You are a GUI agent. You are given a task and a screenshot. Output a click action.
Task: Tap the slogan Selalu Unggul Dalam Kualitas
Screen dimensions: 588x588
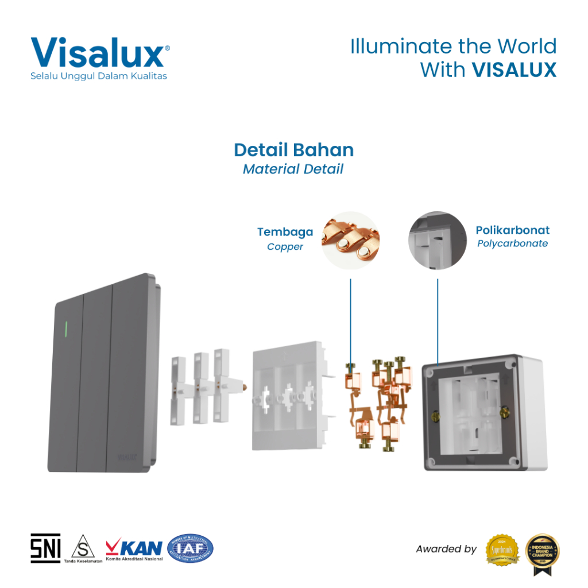(99, 76)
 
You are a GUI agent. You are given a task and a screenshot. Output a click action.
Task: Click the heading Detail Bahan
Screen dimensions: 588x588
(293, 150)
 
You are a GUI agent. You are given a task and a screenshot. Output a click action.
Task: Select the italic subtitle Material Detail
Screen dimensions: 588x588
(293, 169)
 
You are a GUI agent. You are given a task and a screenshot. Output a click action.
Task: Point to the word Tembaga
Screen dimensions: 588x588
(285, 232)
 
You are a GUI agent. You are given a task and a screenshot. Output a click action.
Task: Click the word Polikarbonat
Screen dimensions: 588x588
(512, 230)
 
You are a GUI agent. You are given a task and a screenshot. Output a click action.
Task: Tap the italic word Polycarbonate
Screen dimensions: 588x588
(512, 243)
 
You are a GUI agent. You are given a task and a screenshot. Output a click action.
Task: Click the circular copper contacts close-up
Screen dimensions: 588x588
(350, 240)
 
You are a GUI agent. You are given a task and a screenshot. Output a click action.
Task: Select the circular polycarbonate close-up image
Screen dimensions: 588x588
(437, 240)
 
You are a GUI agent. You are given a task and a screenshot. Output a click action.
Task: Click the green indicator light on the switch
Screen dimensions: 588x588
(67, 329)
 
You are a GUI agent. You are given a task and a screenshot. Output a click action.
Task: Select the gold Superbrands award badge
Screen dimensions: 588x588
(502, 550)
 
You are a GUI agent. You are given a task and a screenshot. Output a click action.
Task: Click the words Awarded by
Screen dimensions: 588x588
(446, 550)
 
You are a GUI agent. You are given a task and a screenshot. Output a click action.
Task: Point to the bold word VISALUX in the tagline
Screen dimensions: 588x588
(514, 69)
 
